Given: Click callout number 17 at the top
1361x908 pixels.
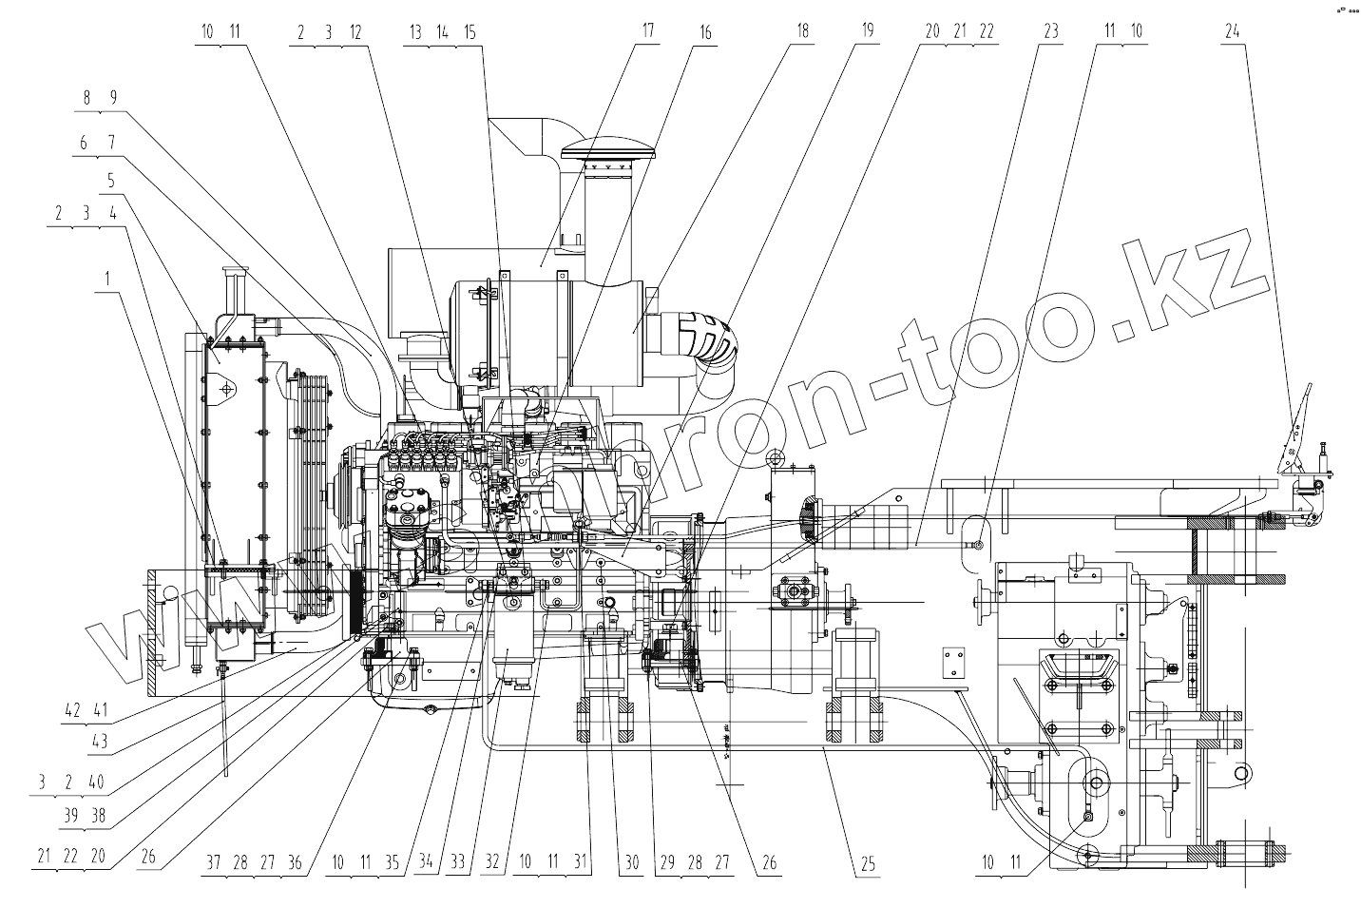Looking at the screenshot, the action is click(x=647, y=30).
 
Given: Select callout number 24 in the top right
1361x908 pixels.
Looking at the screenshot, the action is click(x=1232, y=30).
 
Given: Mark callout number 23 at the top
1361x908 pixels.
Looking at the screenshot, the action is click(x=1050, y=30).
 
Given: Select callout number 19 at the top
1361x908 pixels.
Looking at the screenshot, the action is click(x=867, y=30).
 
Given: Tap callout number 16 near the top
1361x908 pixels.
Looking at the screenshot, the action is click(x=704, y=30).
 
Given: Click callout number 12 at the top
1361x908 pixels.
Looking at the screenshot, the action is click(x=355, y=30).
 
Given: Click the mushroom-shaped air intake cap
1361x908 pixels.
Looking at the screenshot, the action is click(x=608, y=151).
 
